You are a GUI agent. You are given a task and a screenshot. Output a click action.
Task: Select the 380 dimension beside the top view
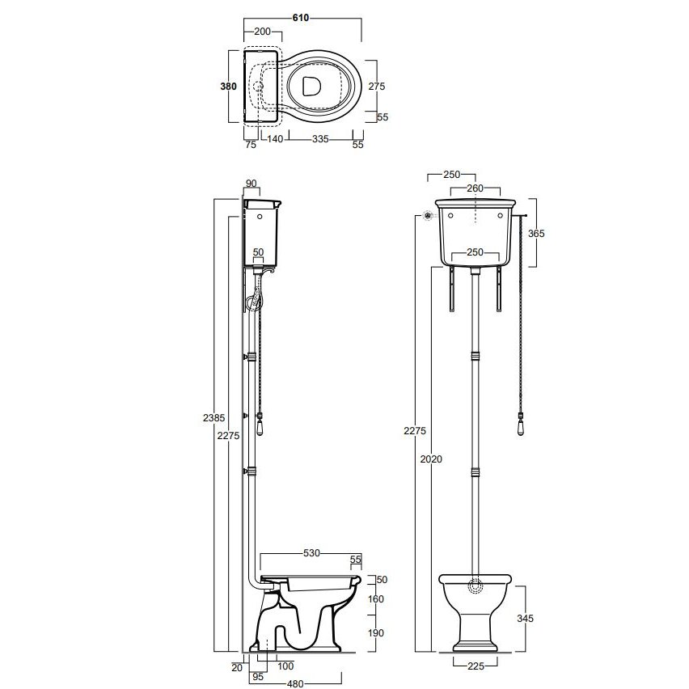[230, 87]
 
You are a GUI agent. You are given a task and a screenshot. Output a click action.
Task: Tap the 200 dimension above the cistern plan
[262, 32]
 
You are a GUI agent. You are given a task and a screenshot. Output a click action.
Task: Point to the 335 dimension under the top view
[320, 140]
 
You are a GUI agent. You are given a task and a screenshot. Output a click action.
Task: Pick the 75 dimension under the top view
[251, 145]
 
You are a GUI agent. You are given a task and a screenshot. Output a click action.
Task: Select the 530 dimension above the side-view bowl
[311, 553]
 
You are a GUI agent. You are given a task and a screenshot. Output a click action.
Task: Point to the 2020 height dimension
[431, 459]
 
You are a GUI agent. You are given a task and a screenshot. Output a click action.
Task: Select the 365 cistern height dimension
[535, 234]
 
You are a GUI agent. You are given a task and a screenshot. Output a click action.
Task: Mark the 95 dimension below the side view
[259, 678]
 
